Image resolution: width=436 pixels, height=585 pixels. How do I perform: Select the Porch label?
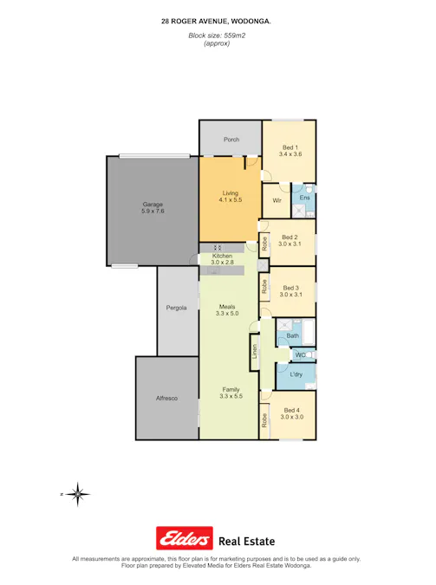[231, 140]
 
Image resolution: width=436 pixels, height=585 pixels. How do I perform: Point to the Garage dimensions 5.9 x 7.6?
[153, 211]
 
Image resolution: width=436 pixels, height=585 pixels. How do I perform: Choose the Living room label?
[230, 194]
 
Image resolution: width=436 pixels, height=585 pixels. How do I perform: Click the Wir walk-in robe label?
[277, 200]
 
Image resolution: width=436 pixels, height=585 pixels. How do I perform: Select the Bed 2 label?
[290, 237]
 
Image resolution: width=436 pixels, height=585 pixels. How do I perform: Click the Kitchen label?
[223, 257]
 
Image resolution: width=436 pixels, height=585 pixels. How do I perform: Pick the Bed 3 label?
[290, 287]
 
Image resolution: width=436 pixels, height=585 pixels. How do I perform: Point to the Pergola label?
[178, 309]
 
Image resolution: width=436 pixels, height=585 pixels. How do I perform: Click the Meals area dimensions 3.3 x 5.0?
[227, 314]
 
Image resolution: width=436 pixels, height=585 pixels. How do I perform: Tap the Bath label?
[293, 335]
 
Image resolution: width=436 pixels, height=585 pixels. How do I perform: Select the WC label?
[299, 355]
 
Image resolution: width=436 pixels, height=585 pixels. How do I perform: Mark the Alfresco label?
[166, 398]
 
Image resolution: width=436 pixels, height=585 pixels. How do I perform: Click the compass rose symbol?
[78, 494]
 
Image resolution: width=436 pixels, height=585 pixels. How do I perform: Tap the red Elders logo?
[184, 538]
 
